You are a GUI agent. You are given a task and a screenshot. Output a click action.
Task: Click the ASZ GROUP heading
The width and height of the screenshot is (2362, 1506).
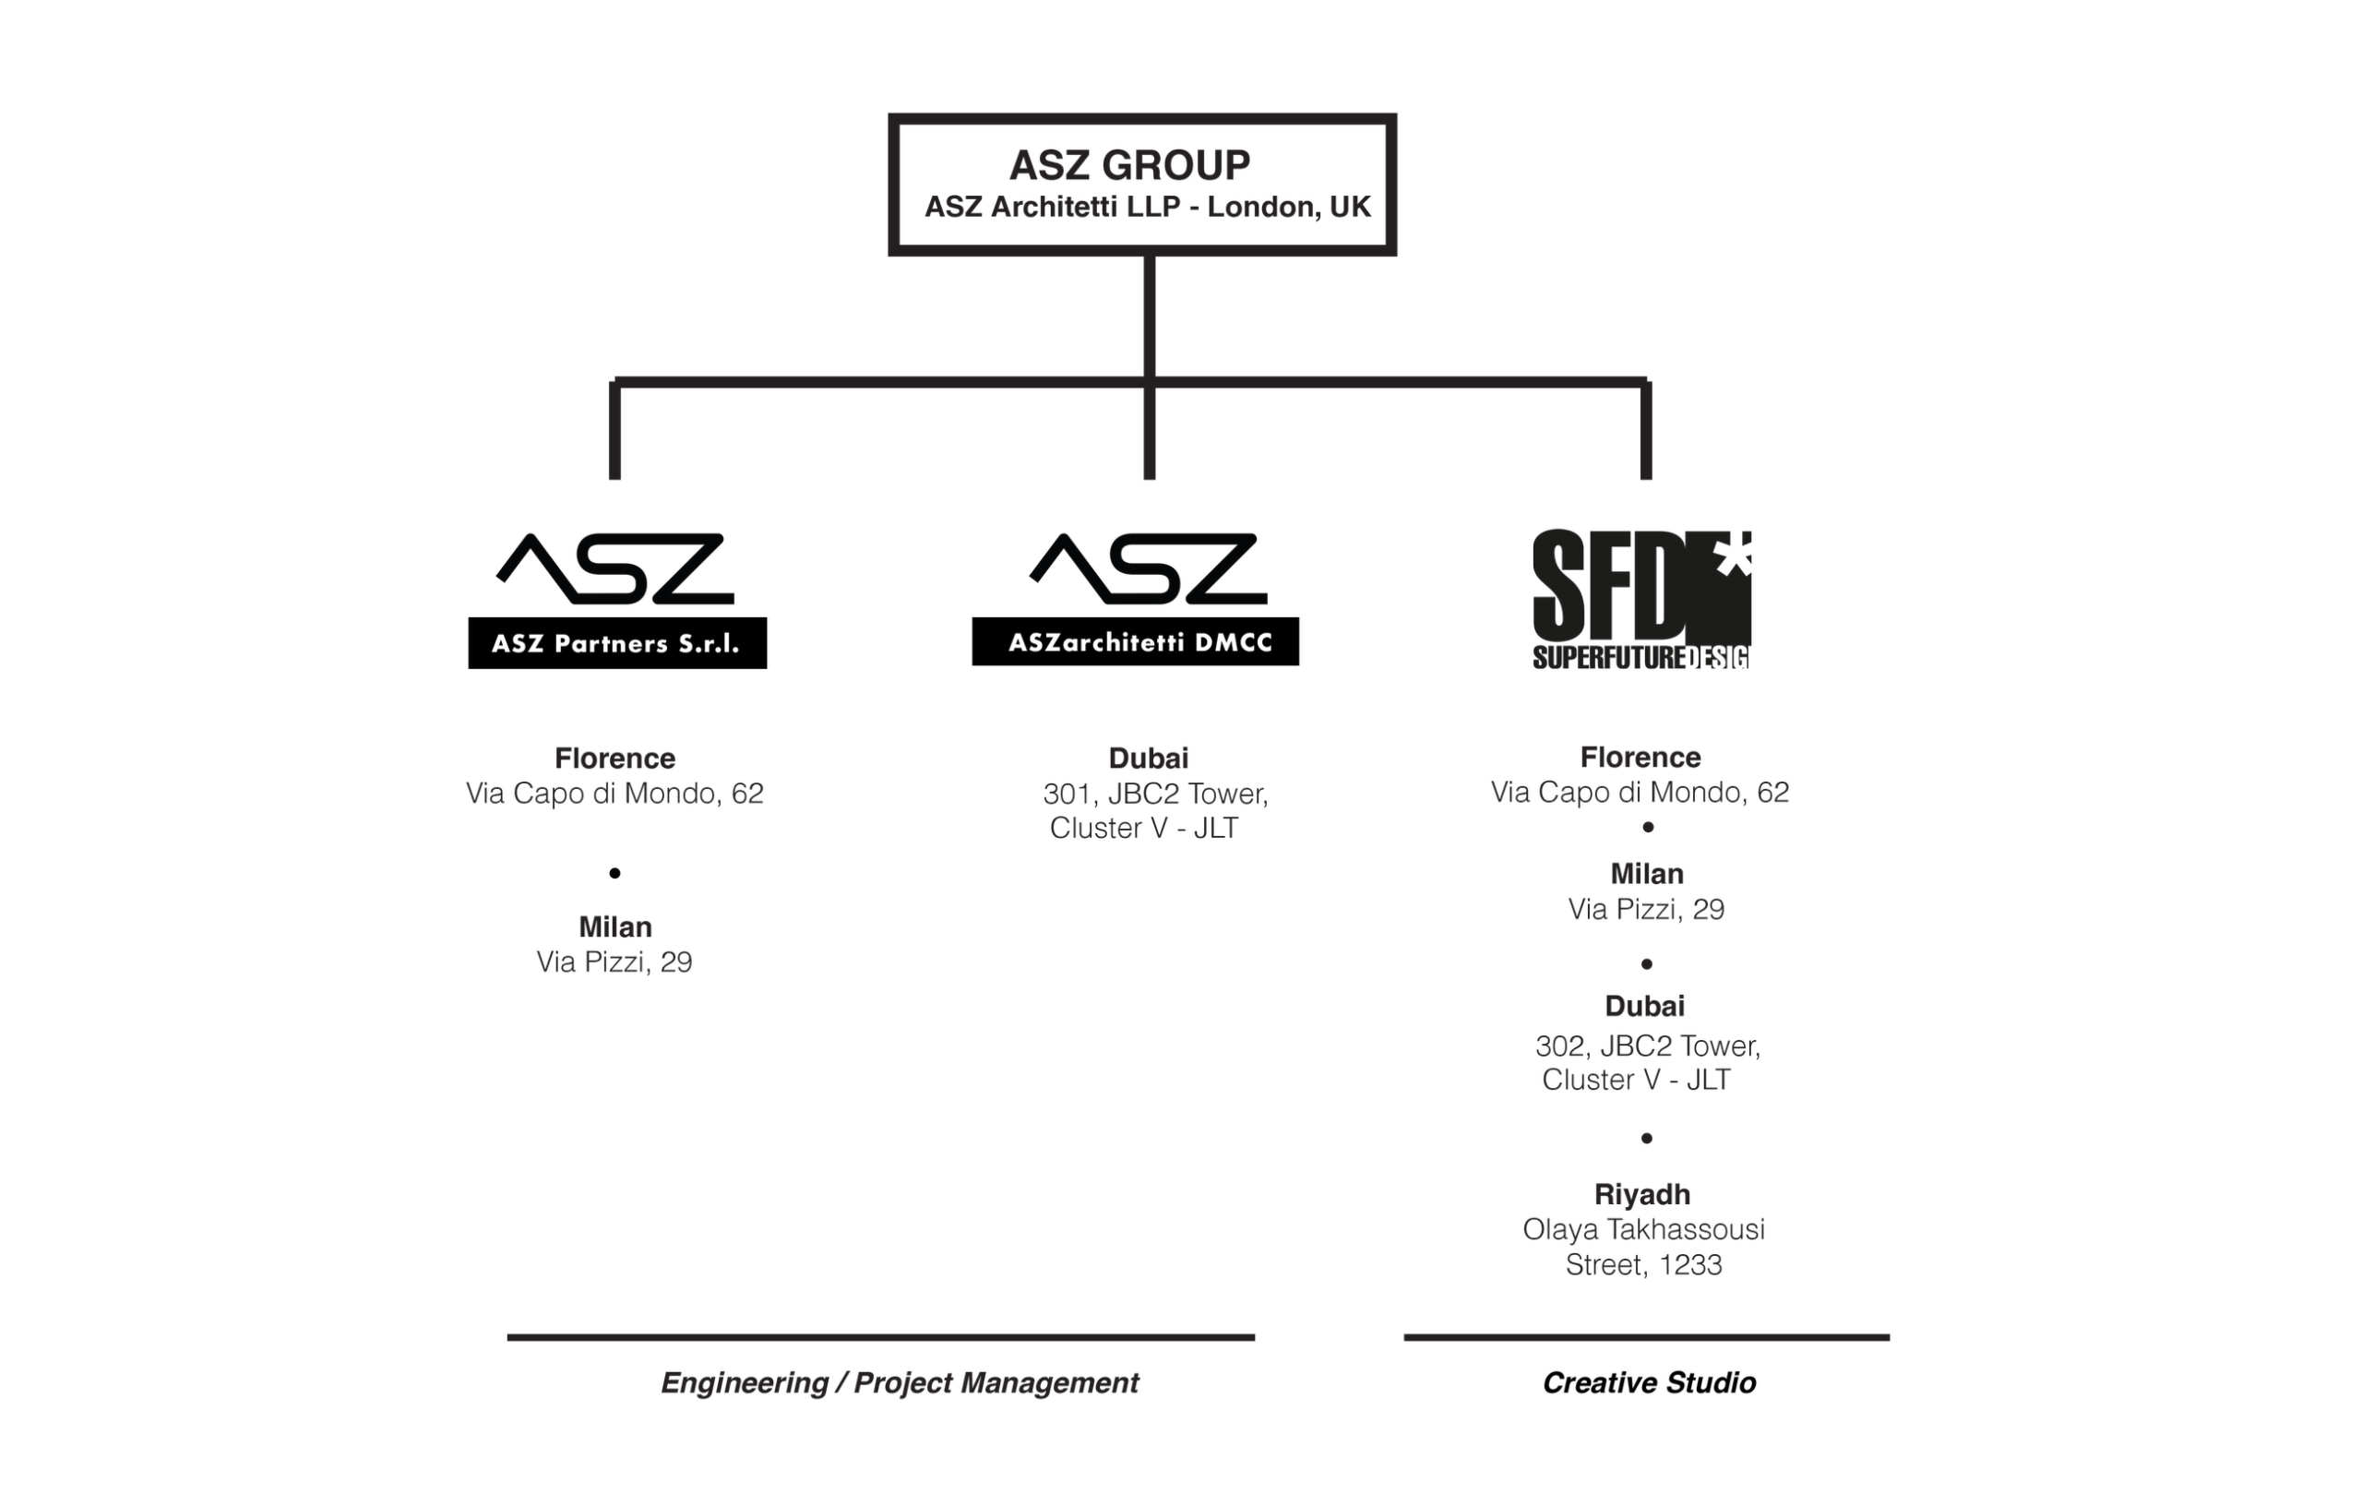pyautogui.click(x=1129, y=165)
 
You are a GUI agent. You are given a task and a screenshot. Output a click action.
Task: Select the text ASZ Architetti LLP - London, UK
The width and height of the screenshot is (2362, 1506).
pyautogui.click(x=1147, y=207)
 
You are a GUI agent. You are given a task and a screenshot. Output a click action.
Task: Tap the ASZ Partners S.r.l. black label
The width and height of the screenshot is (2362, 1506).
pyautogui.click(x=617, y=643)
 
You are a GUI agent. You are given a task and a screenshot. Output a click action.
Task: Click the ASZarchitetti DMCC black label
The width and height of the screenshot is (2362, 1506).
pyautogui.click(x=1135, y=641)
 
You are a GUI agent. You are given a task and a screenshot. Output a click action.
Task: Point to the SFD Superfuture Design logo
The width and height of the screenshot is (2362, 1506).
pyautogui.click(x=1641, y=600)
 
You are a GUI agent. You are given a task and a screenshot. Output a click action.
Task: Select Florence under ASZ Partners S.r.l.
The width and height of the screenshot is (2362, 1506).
pyautogui.click(x=615, y=759)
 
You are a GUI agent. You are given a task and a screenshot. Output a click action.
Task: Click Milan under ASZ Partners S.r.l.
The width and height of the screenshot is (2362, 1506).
pyautogui.click(x=615, y=927)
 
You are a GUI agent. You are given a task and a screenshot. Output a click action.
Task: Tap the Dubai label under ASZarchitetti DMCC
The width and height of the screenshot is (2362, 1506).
pyautogui.click(x=1149, y=759)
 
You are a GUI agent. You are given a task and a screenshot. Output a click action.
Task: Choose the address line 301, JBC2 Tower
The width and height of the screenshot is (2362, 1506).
pyautogui.click(x=1155, y=794)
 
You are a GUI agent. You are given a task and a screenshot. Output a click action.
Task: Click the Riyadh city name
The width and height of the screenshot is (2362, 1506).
pyautogui.click(x=1642, y=1195)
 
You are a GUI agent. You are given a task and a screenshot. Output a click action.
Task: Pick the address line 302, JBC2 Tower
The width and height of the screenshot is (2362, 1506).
pyautogui.click(x=1648, y=1046)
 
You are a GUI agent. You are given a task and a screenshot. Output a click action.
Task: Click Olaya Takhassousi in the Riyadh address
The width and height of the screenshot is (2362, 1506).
pyautogui.click(x=1644, y=1229)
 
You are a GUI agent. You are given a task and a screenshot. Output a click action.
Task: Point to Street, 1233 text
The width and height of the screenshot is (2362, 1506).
pyautogui.click(x=1644, y=1264)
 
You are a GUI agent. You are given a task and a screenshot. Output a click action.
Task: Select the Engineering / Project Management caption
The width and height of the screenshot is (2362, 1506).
pyautogui.click(x=900, y=1383)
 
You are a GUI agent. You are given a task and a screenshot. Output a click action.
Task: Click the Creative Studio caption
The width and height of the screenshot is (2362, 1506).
pyautogui.click(x=1649, y=1383)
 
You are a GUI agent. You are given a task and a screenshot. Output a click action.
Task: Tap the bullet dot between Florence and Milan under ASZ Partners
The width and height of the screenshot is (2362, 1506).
pyautogui.click(x=615, y=873)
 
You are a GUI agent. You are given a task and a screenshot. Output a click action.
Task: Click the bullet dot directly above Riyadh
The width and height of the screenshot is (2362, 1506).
pyautogui.click(x=1647, y=1138)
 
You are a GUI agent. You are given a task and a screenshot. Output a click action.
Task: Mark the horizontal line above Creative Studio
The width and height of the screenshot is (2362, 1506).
pyautogui.click(x=1647, y=1337)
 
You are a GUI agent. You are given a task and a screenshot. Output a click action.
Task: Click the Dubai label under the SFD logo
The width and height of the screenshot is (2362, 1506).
pyautogui.click(x=1645, y=1007)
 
